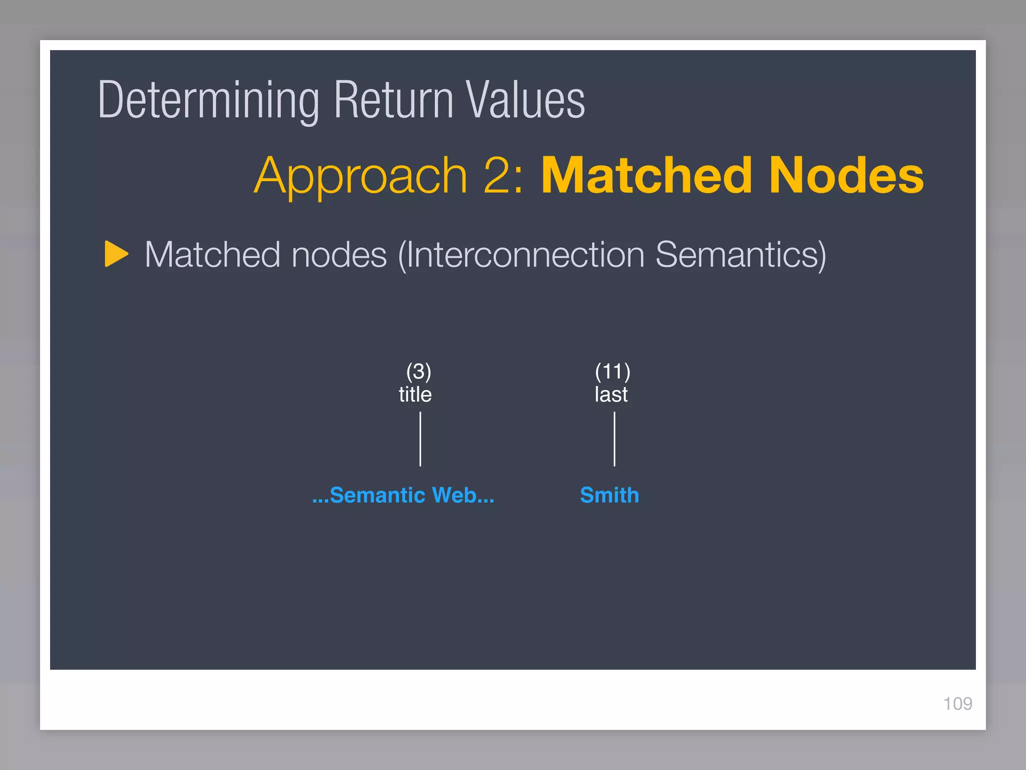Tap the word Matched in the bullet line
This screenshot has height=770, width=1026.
(x=212, y=255)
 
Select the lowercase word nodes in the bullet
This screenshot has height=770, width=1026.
(x=339, y=255)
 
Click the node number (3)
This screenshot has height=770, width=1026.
(x=418, y=371)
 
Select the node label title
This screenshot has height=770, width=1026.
(x=415, y=395)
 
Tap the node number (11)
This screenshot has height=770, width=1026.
(x=612, y=371)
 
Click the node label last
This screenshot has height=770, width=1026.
(x=611, y=395)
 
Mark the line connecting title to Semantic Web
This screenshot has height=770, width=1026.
(x=420, y=439)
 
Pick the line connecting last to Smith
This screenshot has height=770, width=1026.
(x=614, y=439)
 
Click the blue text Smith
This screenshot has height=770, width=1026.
(x=609, y=495)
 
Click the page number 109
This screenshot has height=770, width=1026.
(x=957, y=704)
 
